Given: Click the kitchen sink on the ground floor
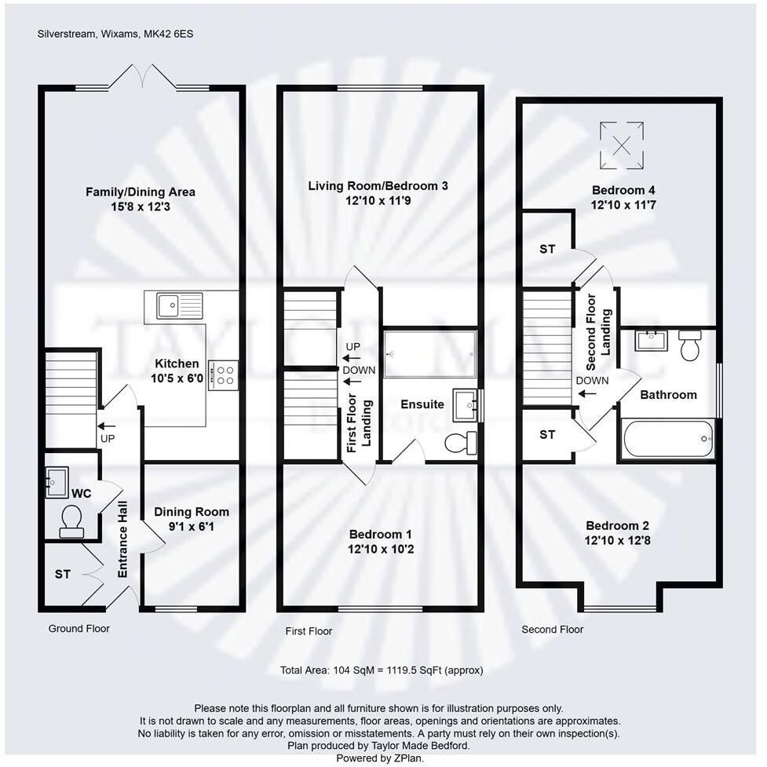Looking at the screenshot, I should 179,305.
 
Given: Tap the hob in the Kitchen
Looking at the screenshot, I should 223,374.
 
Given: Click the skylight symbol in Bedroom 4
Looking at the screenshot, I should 622,145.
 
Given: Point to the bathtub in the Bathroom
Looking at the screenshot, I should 668,439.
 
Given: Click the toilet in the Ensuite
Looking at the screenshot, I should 461,443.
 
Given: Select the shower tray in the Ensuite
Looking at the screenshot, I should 430,354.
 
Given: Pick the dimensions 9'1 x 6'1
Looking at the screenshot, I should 192,526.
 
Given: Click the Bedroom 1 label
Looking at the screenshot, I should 381,534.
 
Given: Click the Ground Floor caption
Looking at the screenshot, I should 79,629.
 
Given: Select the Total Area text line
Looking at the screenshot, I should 382,670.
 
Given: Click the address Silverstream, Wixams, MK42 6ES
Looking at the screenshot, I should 108,34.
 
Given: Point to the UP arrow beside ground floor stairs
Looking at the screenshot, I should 105,426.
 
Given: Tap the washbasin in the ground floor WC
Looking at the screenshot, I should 57,481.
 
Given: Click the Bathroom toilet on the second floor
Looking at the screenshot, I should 690,345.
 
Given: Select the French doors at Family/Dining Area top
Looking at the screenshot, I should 143,79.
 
